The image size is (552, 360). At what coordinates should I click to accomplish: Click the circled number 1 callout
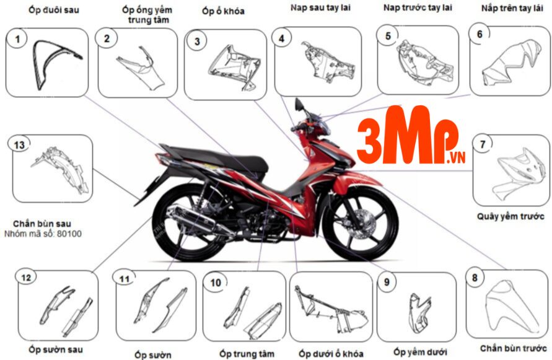coord(18,41)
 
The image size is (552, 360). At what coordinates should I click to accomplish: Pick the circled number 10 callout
coord(216,283)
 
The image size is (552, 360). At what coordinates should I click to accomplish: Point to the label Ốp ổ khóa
coord(223,11)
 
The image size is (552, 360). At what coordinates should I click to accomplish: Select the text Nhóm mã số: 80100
coord(43,234)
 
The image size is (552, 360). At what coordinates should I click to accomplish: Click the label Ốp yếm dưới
coord(420,352)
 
